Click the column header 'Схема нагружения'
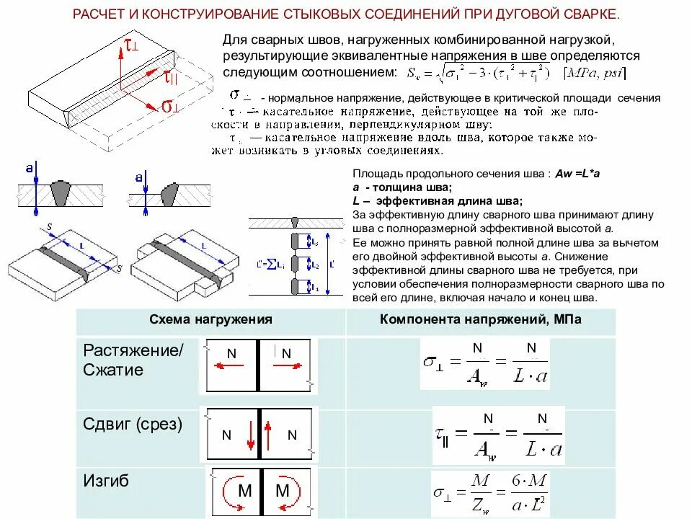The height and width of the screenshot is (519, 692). [210, 319]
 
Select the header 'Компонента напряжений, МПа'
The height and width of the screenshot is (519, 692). [480, 319]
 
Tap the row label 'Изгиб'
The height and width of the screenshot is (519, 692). [107, 480]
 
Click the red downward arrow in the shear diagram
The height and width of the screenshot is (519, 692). [251, 435]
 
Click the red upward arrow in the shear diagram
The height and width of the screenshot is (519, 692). [267, 435]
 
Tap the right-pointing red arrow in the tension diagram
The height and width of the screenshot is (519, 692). [287, 365]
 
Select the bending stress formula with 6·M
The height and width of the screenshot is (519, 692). [497, 494]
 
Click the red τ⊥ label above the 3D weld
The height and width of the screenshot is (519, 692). [131, 45]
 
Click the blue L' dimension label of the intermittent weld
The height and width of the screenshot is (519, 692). [331, 263]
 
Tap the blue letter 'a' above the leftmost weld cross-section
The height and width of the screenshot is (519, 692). [29, 168]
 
